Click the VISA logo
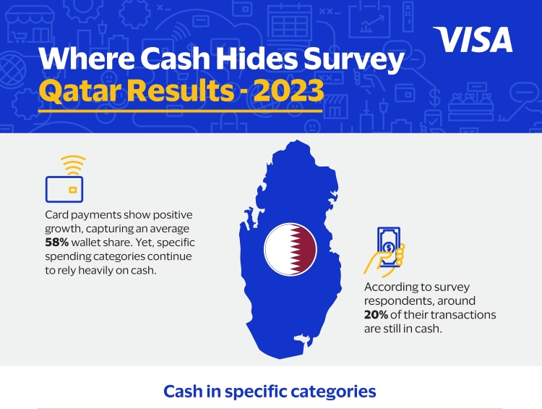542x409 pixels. point(473,40)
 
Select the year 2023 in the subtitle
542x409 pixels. point(289,90)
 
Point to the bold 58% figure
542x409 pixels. point(57,243)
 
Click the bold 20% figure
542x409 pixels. point(376,315)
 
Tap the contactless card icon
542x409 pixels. point(64,179)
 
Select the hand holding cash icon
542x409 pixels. point(384,252)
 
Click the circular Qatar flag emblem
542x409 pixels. point(291,249)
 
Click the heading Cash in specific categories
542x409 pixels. point(270,392)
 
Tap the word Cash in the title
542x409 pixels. point(176,58)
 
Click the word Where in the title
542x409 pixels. point(87,58)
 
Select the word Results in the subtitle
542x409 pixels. point(181,90)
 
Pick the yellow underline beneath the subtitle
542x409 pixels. point(181,111)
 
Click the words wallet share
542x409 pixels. point(102,243)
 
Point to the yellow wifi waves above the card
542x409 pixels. point(73,165)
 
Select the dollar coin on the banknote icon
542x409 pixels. point(390,248)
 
